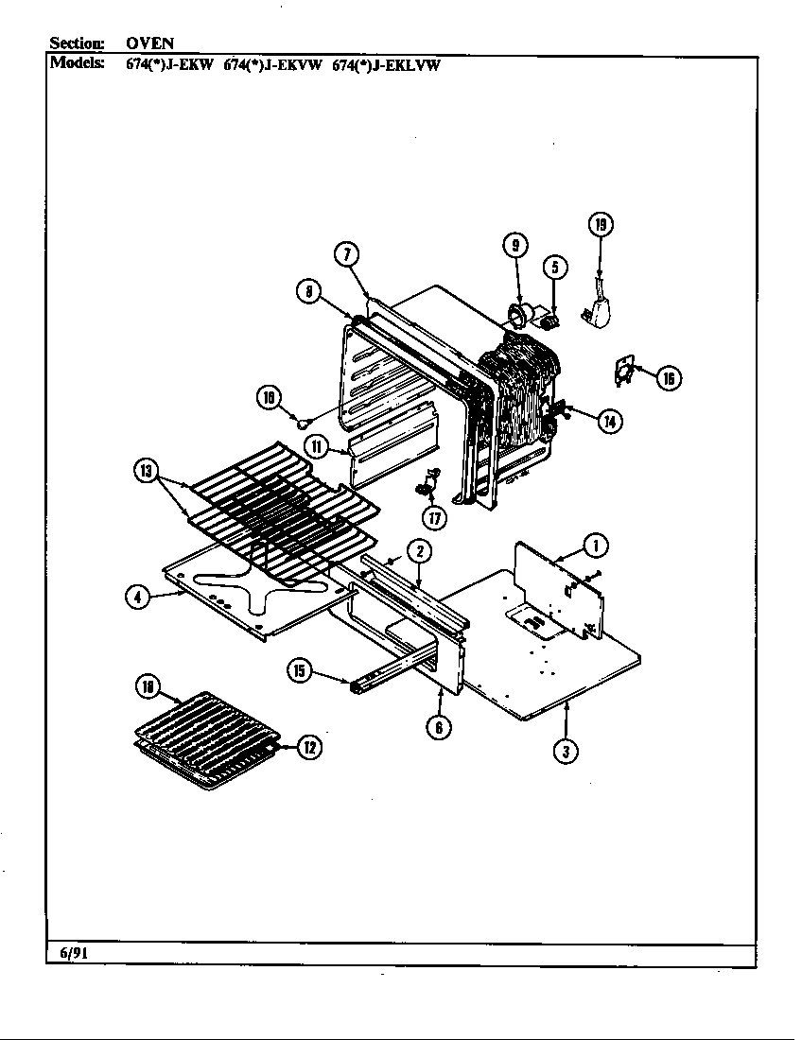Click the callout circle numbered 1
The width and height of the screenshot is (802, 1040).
click(595, 545)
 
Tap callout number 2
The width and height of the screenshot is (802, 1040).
click(420, 551)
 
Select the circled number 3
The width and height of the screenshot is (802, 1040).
click(566, 752)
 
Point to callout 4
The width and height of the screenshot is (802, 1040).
click(139, 597)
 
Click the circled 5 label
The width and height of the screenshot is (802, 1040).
click(555, 268)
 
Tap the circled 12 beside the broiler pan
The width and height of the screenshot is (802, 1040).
click(308, 747)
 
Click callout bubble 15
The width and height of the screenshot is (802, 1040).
click(300, 670)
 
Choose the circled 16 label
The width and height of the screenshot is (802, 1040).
click(668, 378)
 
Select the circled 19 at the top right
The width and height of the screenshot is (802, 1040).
click(601, 224)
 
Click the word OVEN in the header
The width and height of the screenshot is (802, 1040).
click(149, 43)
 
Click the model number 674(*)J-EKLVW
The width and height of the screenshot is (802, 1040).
click(387, 66)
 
